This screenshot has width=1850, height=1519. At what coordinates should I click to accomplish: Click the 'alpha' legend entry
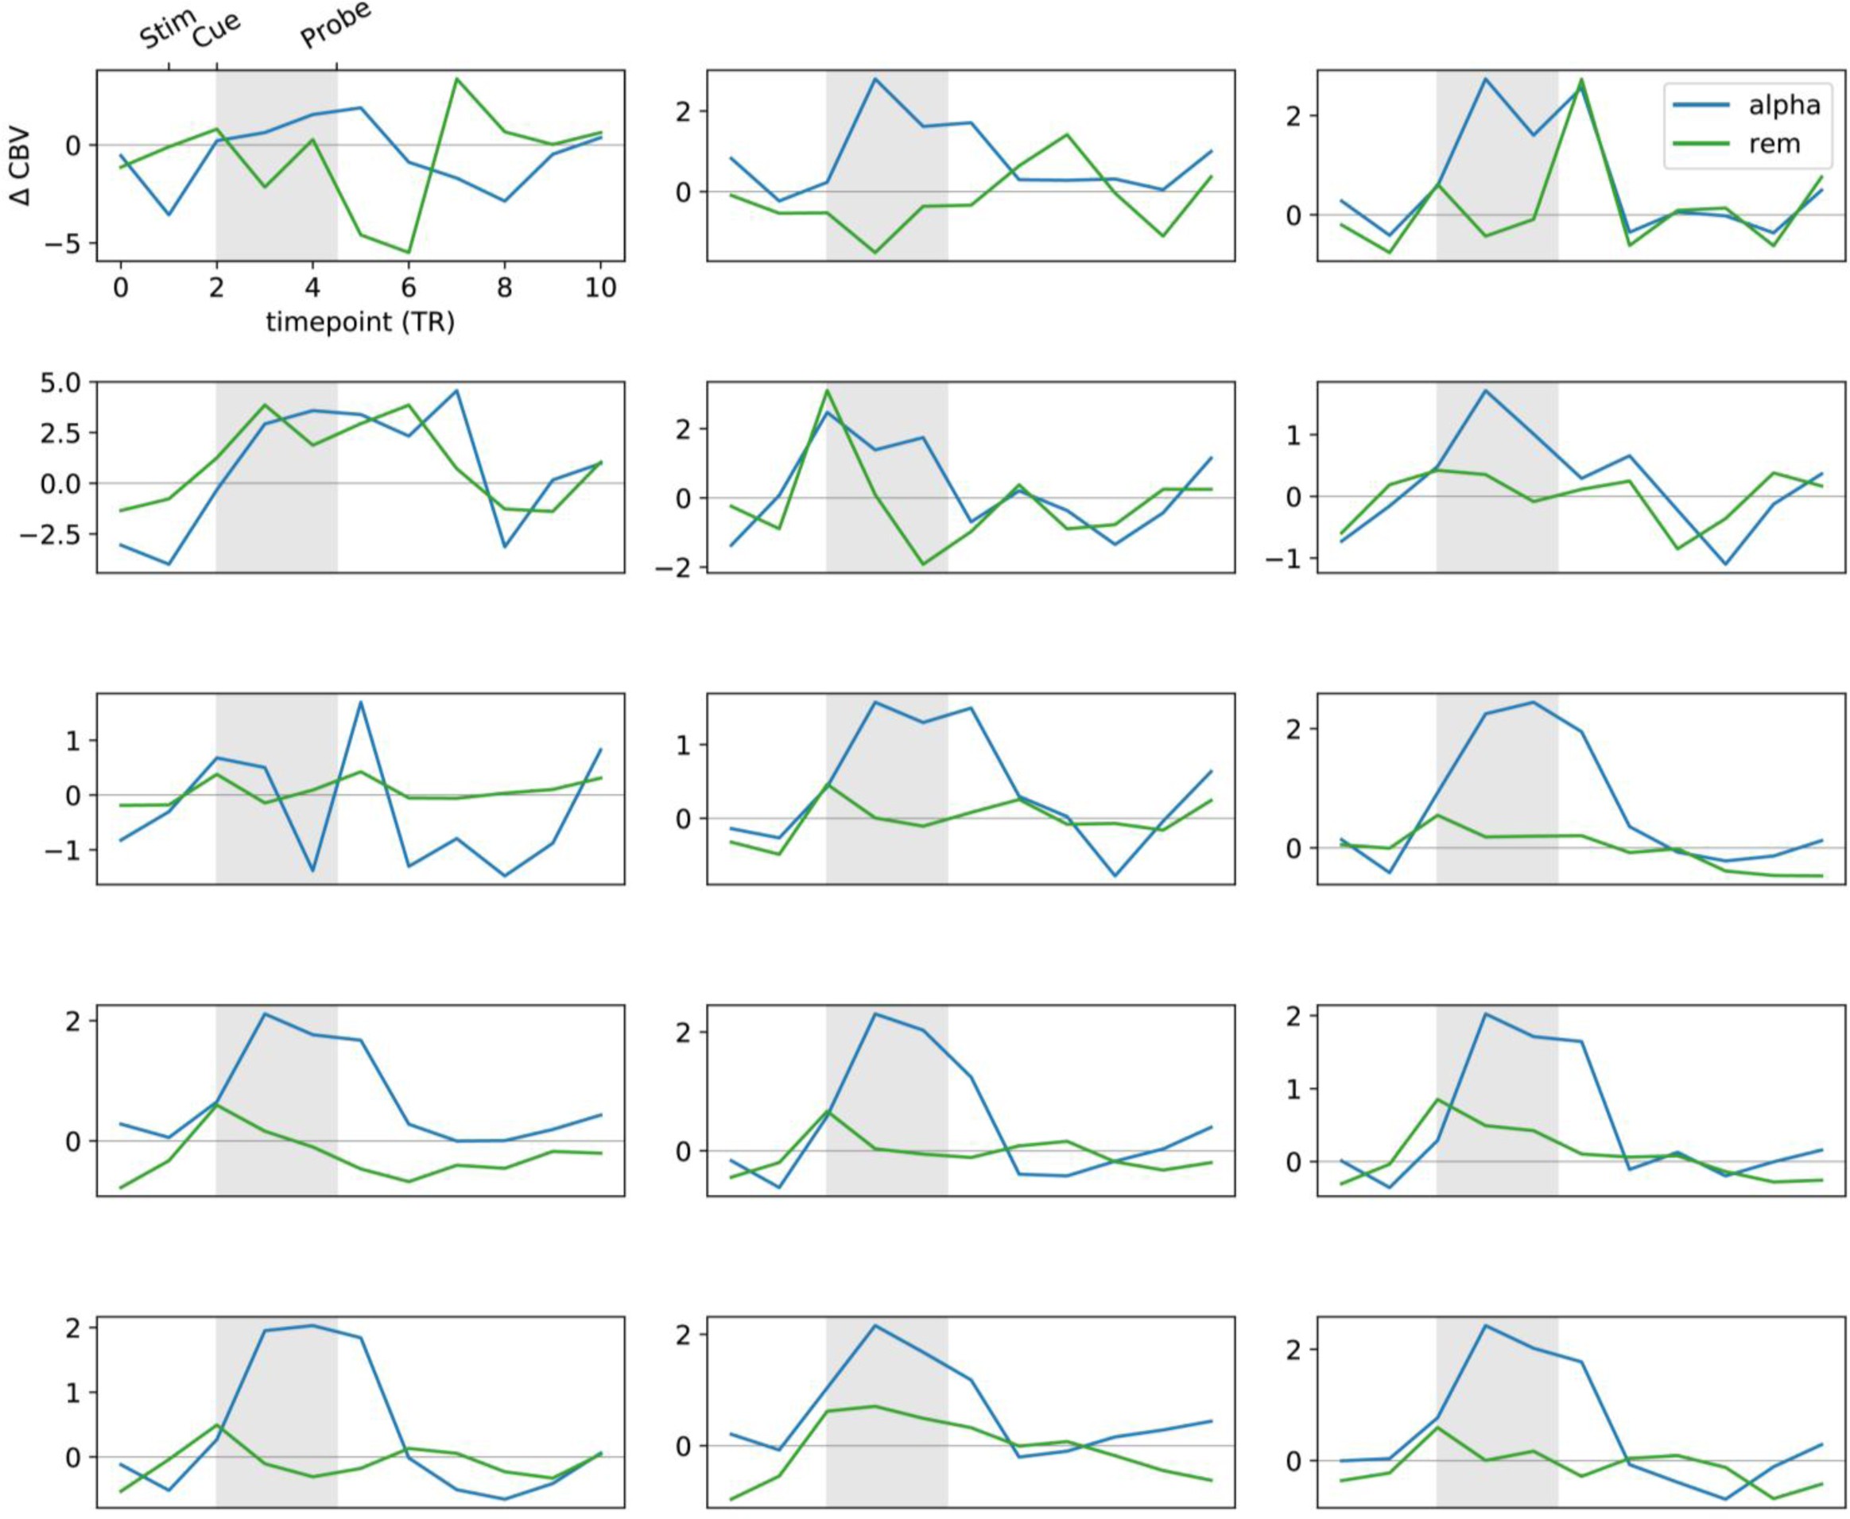[1783, 105]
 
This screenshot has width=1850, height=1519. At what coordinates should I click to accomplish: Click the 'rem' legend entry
[1774, 144]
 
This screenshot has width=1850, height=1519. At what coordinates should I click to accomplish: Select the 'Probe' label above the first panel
[335, 25]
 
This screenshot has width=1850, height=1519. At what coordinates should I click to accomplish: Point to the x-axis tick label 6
[408, 287]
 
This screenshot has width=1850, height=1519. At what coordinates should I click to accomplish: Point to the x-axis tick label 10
[599, 287]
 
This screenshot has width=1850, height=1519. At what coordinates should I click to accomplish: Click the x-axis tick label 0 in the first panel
[121, 287]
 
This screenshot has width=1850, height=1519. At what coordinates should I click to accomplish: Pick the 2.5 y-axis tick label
[58, 433]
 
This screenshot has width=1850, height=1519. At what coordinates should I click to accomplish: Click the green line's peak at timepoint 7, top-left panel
[456, 79]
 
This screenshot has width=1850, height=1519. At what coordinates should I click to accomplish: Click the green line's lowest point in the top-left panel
[408, 253]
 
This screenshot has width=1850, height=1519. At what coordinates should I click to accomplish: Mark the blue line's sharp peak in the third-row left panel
[359, 701]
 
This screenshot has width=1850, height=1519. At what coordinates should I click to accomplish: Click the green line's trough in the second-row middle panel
[922, 564]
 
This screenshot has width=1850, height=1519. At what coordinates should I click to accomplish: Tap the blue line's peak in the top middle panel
[875, 79]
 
